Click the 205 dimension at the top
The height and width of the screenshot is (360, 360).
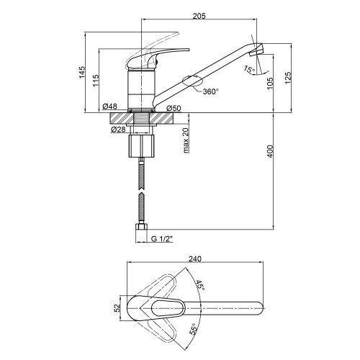pyautogui.click(x=199, y=16)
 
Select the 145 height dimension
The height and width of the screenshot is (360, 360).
pyautogui.click(x=82, y=72)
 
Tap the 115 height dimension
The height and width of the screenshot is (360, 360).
pyautogui.click(x=96, y=81)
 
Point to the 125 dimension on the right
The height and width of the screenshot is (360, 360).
pyautogui.click(x=288, y=78)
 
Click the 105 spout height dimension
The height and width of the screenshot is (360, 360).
pyautogui.click(x=270, y=84)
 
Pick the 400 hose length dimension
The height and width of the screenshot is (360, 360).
pyautogui.click(x=270, y=151)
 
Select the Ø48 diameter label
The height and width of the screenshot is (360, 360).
pyautogui.click(x=109, y=106)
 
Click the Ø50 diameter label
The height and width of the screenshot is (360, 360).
pyautogui.click(x=174, y=108)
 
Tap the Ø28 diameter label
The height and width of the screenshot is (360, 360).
pyautogui.click(x=118, y=130)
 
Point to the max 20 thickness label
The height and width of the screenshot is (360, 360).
pyautogui.click(x=186, y=140)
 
